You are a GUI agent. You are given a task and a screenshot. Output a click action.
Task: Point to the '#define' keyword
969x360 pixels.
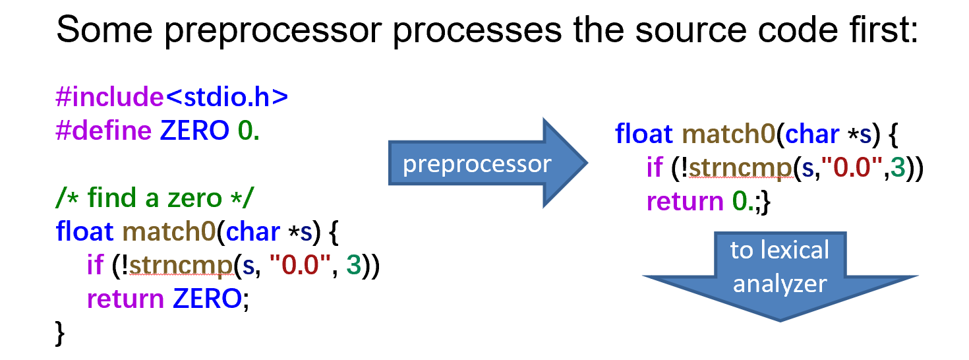click(x=103, y=131)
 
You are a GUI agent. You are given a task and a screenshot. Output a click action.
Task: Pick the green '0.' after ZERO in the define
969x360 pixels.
click(x=249, y=131)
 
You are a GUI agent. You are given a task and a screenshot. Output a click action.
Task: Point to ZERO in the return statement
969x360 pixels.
click(x=207, y=299)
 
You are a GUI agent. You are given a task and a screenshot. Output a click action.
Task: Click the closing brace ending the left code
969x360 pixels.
click(x=61, y=331)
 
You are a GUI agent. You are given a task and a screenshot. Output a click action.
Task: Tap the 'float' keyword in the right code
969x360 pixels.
click(x=644, y=134)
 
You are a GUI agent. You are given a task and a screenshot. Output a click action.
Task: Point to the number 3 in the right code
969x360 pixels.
click(x=897, y=168)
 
